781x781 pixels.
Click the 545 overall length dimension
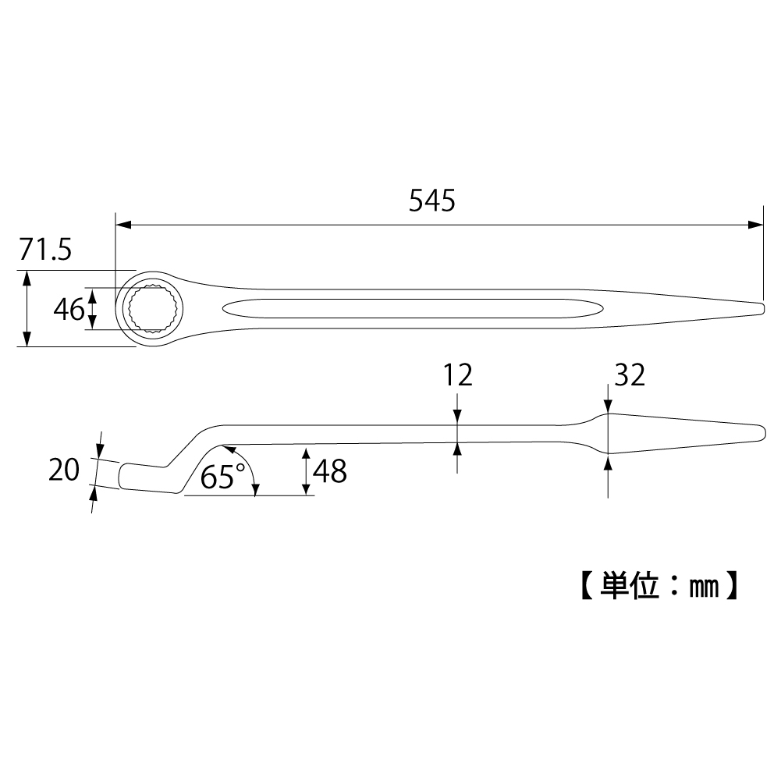(431, 201)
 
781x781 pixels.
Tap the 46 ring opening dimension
(69, 310)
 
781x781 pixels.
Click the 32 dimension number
(630, 375)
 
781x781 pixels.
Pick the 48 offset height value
(330, 470)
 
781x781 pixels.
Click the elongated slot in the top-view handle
(410, 308)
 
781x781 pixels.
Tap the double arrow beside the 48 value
(305, 471)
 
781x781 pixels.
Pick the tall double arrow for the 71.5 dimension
(27, 308)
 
